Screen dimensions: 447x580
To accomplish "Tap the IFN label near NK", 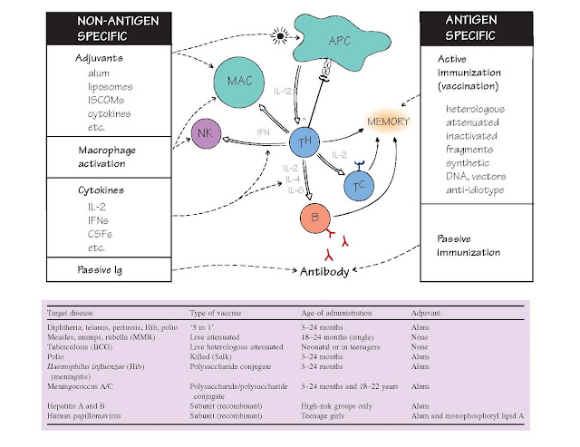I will tap(266, 132).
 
